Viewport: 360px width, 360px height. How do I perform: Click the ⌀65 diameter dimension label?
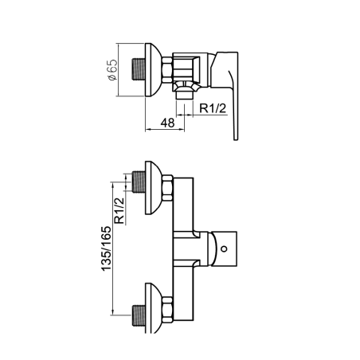112,70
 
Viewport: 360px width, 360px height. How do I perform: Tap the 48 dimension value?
167,123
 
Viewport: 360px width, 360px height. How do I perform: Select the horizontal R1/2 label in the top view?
213,108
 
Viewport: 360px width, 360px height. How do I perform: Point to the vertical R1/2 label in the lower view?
119,210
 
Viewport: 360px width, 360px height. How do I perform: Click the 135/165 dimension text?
106,248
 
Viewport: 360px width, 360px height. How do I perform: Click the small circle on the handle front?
225,248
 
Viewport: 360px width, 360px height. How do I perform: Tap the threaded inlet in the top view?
139,69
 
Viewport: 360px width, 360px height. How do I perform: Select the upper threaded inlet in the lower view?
139,182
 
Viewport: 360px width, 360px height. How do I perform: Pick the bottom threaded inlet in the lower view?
139,315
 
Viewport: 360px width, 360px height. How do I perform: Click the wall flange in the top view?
153,69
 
